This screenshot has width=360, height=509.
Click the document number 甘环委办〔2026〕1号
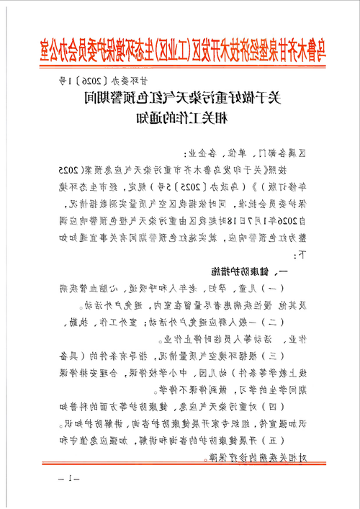pos(105,85)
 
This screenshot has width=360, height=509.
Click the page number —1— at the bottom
pos(72,479)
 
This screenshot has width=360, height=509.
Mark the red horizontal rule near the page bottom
pos(180,469)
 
